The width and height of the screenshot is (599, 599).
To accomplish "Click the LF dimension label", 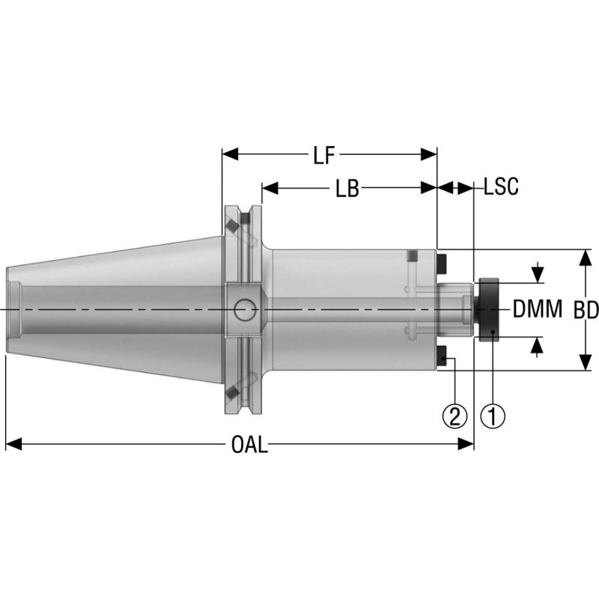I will point(323,155).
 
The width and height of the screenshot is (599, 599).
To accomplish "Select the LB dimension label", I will point(346,188).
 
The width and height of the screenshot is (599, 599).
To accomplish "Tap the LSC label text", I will point(501,187).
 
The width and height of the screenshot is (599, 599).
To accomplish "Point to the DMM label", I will point(537,309).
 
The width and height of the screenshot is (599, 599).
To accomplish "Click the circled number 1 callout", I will point(492,416).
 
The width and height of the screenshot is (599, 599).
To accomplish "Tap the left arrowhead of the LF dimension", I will point(229,155).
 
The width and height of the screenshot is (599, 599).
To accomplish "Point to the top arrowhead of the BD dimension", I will point(584,256).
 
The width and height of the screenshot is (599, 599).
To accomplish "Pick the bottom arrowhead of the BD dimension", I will point(584,364).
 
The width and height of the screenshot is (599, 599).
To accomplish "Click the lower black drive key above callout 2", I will point(443,356).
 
